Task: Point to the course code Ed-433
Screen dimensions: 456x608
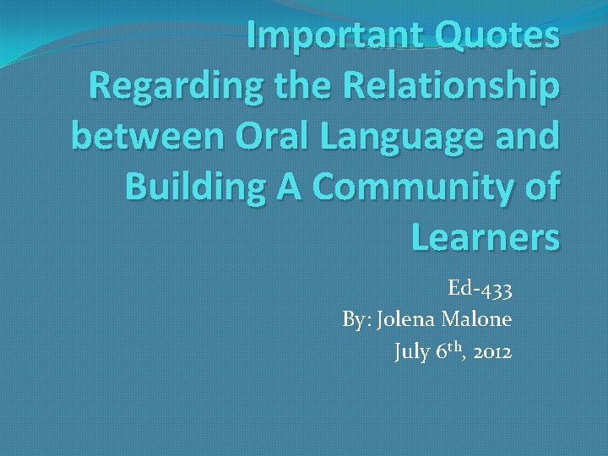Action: [480, 290]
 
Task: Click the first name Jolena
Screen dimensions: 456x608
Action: [407, 321]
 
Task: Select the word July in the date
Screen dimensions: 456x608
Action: [413, 352]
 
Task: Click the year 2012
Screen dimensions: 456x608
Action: [491, 352]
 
